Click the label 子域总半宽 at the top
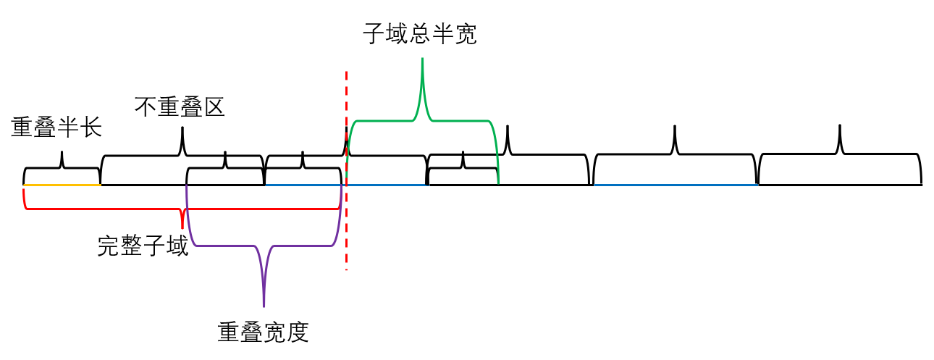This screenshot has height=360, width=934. [x=420, y=34]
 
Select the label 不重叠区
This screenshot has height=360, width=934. [x=180, y=107]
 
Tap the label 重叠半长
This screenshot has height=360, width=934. [x=56, y=128]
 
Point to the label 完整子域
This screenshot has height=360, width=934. [x=143, y=246]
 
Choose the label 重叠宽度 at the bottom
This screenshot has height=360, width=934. [x=263, y=332]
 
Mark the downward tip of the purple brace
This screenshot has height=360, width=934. [x=264, y=306]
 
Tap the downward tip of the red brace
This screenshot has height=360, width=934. [x=182, y=227]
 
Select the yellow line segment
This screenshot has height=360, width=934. [x=62, y=185]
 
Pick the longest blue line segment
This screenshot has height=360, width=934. [x=675, y=185]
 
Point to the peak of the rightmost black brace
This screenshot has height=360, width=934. [x=840, y=127]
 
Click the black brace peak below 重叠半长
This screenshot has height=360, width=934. [x=62, y=153]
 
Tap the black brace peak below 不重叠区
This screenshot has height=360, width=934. [x=182, y=129]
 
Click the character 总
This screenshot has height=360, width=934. [x=420, y=34]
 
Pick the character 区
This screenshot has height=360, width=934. [x=214, y=107]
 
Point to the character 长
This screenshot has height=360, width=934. [x=91, y=128]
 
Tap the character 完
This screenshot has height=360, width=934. [x=109, y=246]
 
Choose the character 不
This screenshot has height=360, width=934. [x=146, y=107]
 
